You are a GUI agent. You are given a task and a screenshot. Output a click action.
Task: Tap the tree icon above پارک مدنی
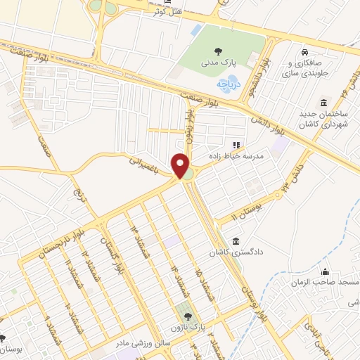219,51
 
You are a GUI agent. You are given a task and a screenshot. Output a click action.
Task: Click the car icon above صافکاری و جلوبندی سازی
304,52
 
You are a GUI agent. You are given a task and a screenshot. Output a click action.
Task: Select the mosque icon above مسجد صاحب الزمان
325,271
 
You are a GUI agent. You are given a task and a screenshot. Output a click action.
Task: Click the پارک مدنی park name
219,63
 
